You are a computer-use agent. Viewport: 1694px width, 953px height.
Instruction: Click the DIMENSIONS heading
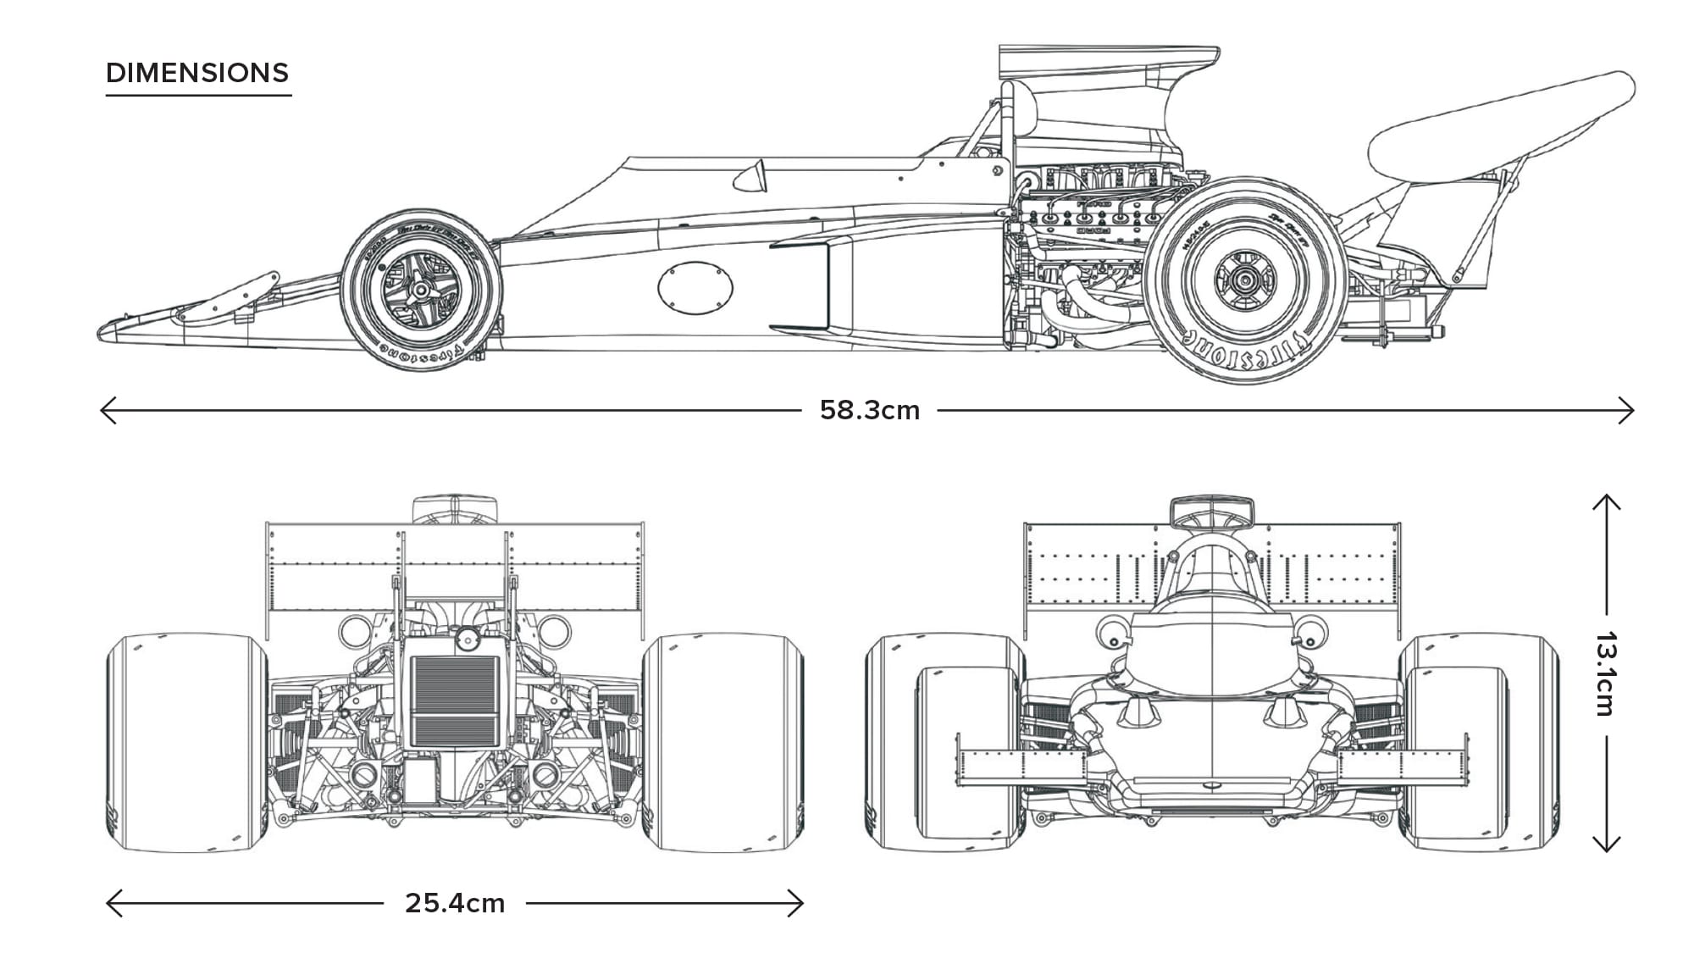(x=197, y=73)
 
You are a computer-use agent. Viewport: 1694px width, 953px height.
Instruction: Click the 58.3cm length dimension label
(x=869, y=410)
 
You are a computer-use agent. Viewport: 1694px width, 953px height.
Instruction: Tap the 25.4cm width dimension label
(x=455, y=903)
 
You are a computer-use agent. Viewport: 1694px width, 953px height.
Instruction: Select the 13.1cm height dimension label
(x=1606, y=673)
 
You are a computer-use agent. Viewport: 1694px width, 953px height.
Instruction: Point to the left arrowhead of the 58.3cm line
(x=103, y=411)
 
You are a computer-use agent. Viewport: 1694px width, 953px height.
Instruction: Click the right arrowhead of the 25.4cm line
(x=800, y=903)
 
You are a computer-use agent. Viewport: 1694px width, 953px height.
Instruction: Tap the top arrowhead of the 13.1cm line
(x=1606, y=499)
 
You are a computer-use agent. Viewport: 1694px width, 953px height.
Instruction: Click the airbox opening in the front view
(x=1211, y=512)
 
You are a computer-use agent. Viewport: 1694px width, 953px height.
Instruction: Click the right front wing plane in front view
(x=1402, y=767)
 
